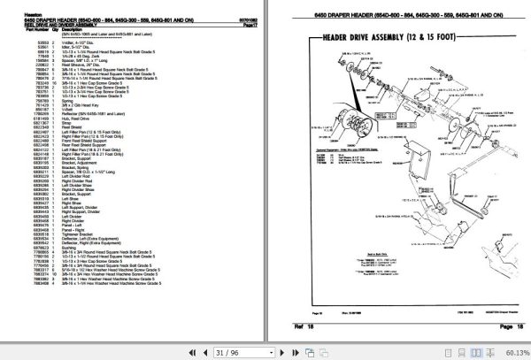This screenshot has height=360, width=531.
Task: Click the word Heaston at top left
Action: tap(16, 11)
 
